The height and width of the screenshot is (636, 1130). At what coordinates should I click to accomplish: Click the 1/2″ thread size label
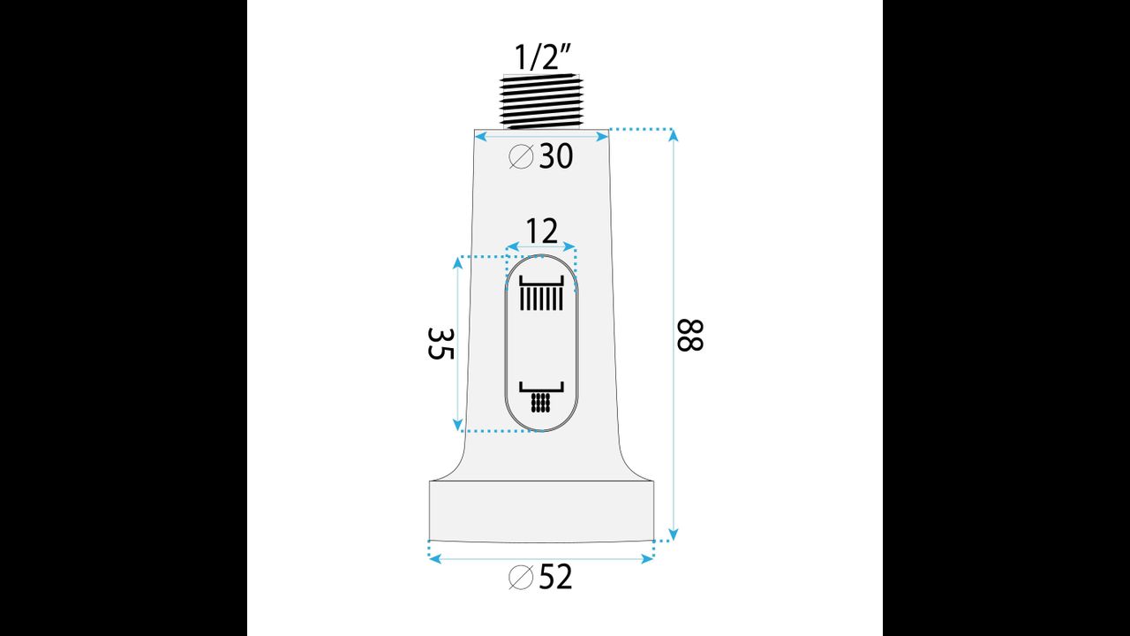click(543, 57)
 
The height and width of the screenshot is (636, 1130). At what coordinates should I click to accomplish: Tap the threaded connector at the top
click(541, 102)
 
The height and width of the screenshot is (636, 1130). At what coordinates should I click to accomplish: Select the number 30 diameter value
click(556, 156)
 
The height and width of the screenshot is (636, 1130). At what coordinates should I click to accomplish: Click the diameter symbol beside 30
click(521, 156)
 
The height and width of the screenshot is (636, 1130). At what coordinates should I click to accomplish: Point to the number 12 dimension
click(542, 231)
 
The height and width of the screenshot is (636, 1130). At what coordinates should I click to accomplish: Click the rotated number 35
click(441, 344)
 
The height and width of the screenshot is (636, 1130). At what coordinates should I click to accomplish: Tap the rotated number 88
click(689, 335)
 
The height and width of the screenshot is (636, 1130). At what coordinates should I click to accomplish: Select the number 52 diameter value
click(556, 577)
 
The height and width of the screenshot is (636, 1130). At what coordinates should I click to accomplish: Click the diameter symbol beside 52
click(521, 577)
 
